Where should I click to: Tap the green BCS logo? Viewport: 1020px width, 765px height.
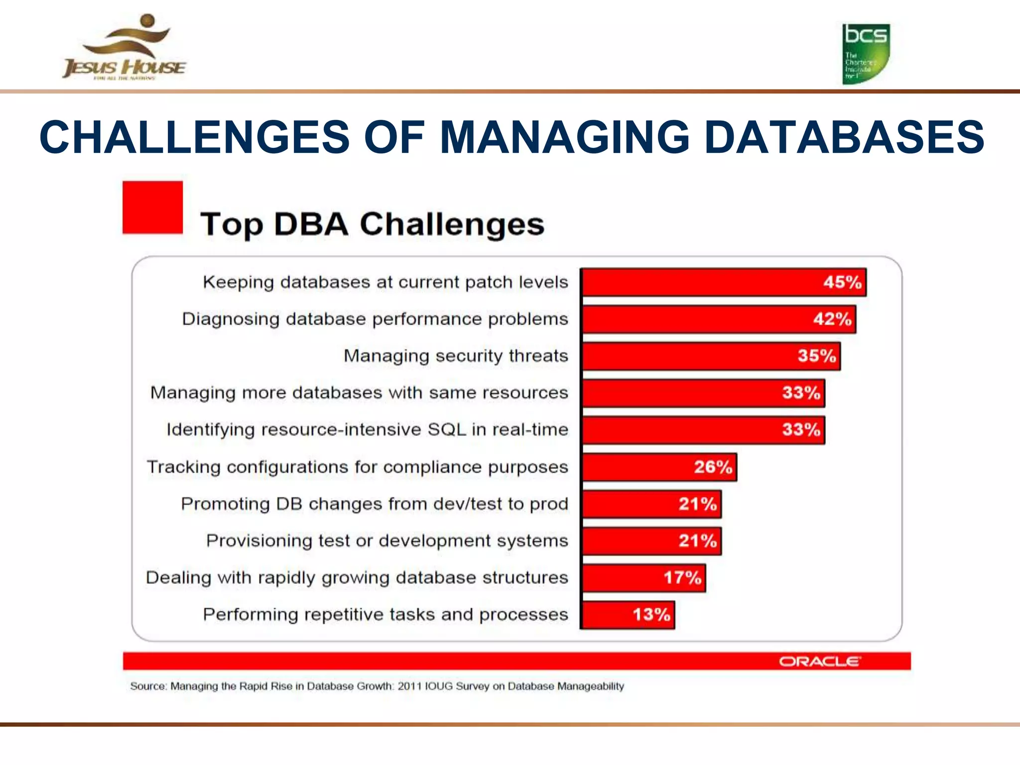(x=866, y=54)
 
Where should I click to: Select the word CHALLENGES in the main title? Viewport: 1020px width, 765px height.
(x=195, y=137)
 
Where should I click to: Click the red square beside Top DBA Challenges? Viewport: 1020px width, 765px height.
(x=152, y=207)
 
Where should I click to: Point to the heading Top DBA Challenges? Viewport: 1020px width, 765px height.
(x=372, y=224)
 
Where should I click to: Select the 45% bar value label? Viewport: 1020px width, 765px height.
(x=842, y=282)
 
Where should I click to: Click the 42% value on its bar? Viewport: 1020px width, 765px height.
(x=832, y=319)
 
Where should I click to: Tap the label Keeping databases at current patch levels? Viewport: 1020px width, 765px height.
(x=385, y=282)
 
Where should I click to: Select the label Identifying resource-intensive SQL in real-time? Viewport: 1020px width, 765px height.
(x=367, y=430)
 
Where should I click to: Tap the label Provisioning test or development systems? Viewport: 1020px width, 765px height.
(x=387, y=541)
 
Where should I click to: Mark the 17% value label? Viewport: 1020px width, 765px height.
(x=682, y=578)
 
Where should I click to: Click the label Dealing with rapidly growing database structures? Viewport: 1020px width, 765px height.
(x=357, y=578)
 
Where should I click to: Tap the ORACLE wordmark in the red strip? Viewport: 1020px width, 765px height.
(x=819, y=661)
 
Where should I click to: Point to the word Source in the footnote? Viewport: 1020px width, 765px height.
(x=147, y=686)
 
